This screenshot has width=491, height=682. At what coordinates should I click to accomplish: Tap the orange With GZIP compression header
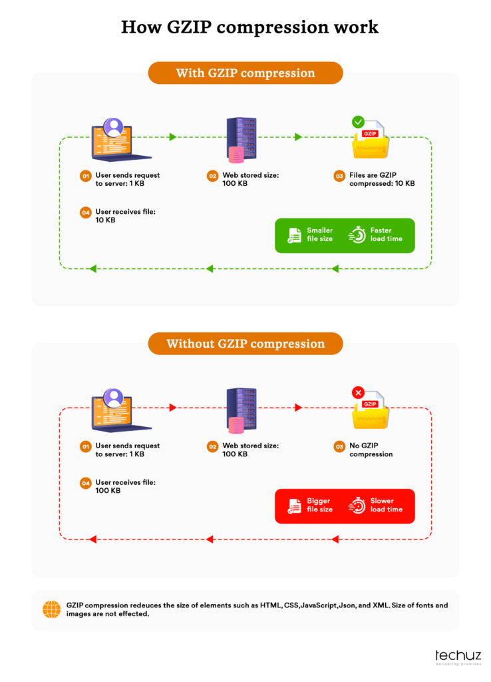245,73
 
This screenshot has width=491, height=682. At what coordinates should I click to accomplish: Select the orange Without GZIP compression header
245,344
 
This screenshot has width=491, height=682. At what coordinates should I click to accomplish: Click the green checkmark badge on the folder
358,122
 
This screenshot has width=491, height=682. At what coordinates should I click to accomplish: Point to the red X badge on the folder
358,393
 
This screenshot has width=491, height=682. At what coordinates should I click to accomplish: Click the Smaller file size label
319,234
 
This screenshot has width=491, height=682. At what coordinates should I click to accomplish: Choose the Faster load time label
386,234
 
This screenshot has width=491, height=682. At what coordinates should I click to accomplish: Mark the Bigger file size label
319,505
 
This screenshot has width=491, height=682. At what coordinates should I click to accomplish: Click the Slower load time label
386,505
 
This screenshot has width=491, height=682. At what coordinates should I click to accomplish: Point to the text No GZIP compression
371,450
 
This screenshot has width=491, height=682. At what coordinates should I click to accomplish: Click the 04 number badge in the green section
85,212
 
